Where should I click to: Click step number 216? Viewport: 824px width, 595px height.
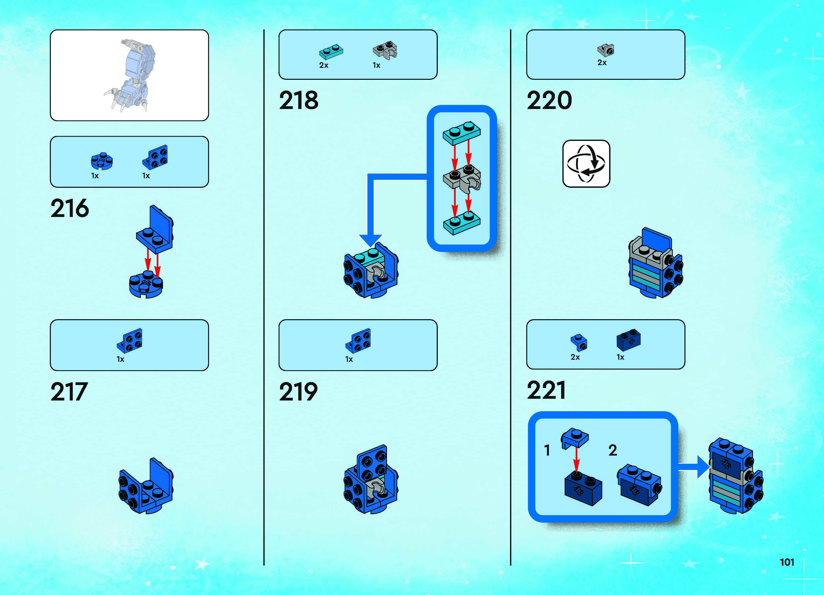[x=69, y=208]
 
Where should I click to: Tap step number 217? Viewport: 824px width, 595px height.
[x=69, y=392]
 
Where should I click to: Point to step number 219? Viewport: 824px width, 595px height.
[x=298, y=392]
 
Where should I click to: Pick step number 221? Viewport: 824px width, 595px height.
[x=546, y=390]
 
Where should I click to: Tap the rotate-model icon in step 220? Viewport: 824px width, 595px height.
[x=586, y=164]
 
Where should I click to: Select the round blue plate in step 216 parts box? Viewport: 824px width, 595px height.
[x=102, y=161]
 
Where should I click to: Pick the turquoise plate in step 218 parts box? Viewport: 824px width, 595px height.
[x=331, y=52]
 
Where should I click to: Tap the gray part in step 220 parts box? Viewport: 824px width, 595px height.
[x=606, y=50]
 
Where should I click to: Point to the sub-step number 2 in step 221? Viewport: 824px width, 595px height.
[x=612, y=451]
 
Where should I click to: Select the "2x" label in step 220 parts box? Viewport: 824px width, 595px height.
[x=602, y=63]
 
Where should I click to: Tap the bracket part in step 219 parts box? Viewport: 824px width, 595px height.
[x=358, y=340]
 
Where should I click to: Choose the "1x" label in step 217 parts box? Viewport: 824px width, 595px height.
[x=120, y=359]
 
